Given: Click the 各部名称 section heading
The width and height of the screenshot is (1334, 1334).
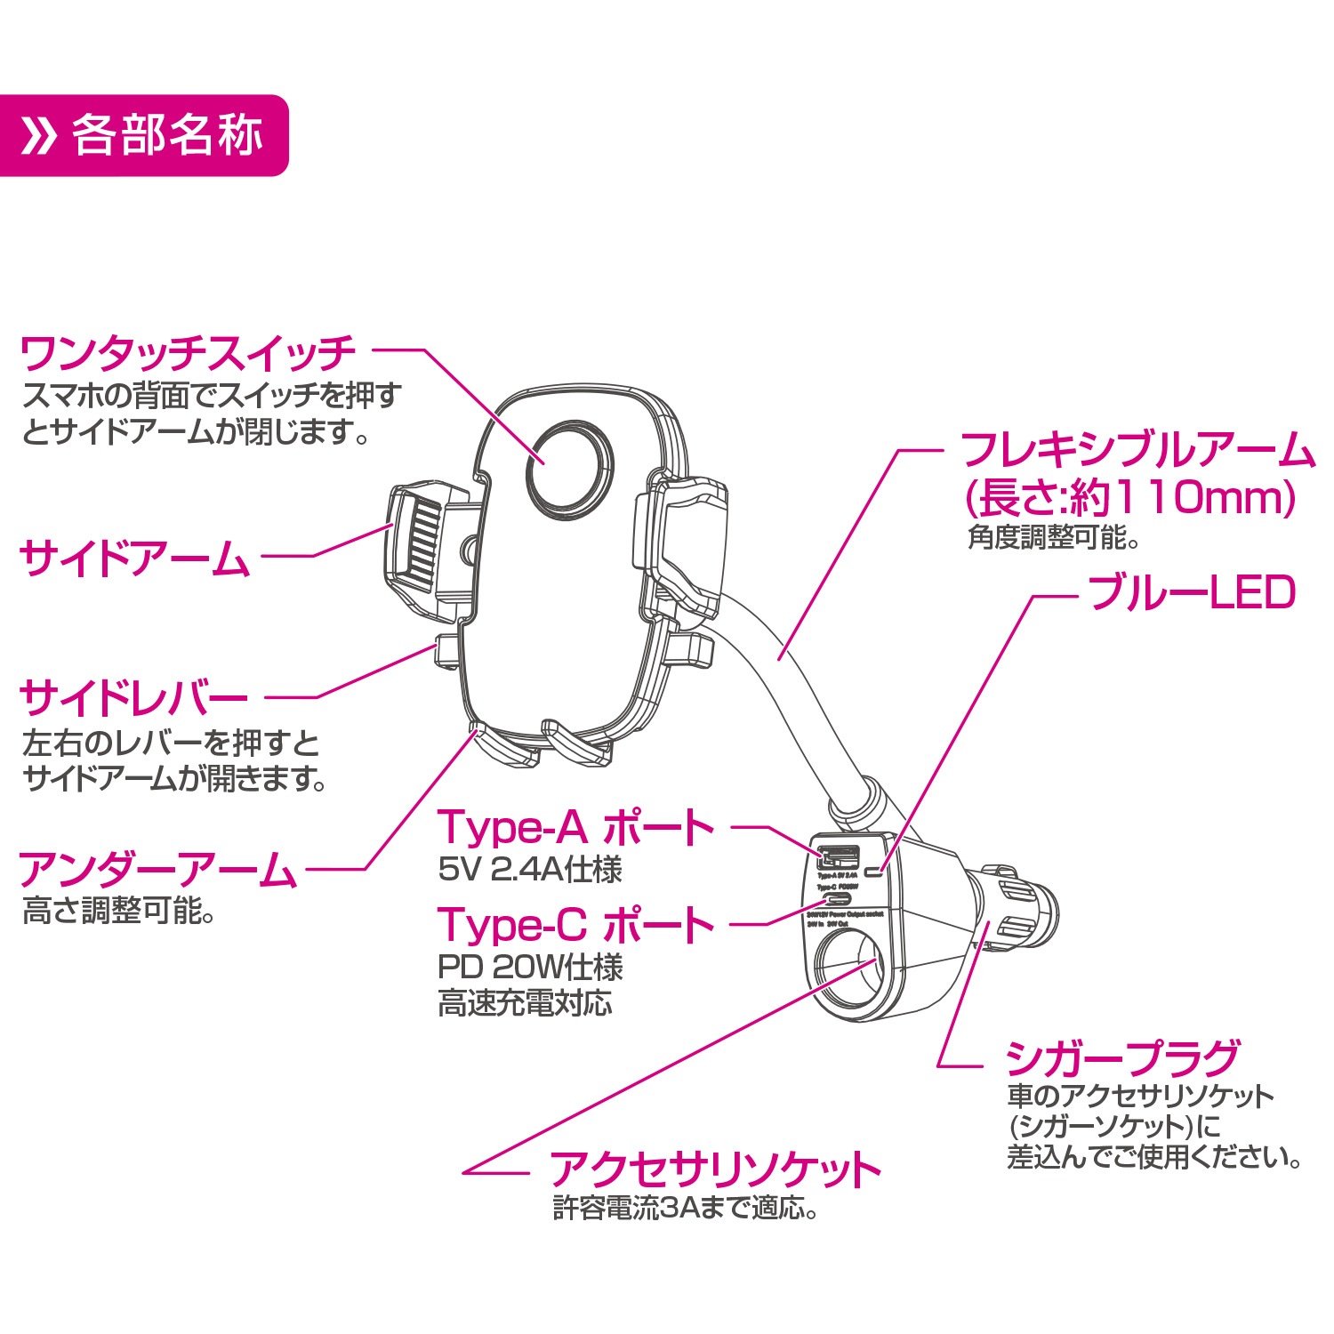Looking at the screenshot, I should click(167, 136).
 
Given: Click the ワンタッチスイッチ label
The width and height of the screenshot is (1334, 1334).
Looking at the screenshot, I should click(188, 354).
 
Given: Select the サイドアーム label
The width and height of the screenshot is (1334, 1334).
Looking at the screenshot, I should click(134, 559).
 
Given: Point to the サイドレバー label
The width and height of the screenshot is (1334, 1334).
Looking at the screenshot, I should click(133, 698).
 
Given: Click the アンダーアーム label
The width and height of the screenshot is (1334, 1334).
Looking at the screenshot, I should click(157, 869).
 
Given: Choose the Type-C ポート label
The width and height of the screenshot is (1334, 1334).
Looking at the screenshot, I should click(575, 925).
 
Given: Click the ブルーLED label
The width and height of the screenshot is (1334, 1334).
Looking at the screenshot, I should click(1192, 593).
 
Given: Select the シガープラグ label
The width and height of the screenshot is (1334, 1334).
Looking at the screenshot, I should click(1122, 1058).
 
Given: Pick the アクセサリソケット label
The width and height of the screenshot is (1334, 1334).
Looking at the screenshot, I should click(715, 1169).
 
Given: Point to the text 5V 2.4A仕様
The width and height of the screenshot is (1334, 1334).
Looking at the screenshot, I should click(530, 869).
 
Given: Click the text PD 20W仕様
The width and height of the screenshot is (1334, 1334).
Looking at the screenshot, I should click(530, 967).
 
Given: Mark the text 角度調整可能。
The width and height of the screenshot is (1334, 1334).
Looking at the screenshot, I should click(1053, 537).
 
